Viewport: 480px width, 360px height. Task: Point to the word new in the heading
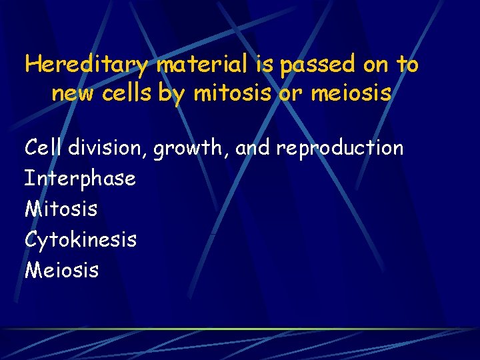[x=73, y=94]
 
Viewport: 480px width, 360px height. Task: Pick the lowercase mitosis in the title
[x=233, y=94]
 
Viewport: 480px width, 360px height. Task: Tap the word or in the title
[x=290, y=94]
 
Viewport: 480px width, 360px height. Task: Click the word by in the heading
[x=172, y=94]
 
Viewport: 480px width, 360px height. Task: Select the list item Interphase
[x=80, y=179]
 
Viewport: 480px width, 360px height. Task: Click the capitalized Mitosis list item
[x=61, y=209]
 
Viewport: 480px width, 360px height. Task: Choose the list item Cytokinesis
[x=81, y=239]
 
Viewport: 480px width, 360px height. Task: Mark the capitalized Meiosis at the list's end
[x=61, y=270]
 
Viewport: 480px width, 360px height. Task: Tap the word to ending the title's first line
[x=407, y=65]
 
